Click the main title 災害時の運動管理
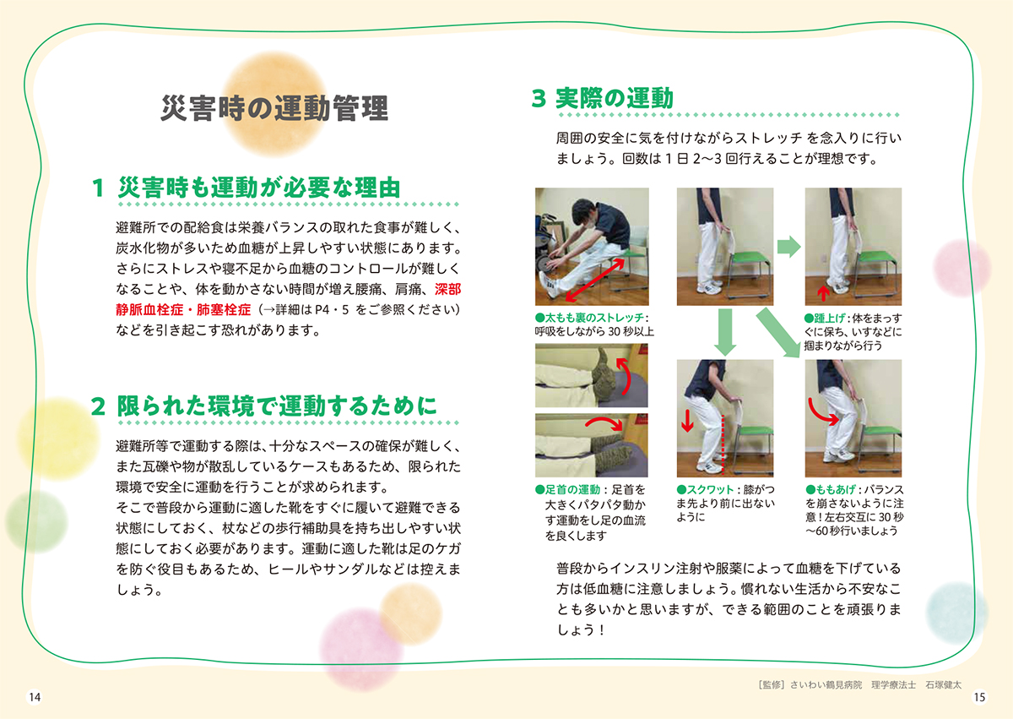(274, 109)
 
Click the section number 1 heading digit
(98, 188)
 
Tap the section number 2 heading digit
(98, 406)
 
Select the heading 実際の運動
(615, 98)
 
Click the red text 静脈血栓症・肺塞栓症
(183, 310)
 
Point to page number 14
(35, 697)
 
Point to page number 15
(979, 697)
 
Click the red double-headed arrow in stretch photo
(594, 281)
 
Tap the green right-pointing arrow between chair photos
(788, 247)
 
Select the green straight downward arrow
(725, 332)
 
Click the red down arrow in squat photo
(687, 421)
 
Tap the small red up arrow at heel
(824, 293)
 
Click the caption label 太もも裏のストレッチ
(594, 318)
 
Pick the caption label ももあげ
(835, 489)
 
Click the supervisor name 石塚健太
(944, 685)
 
